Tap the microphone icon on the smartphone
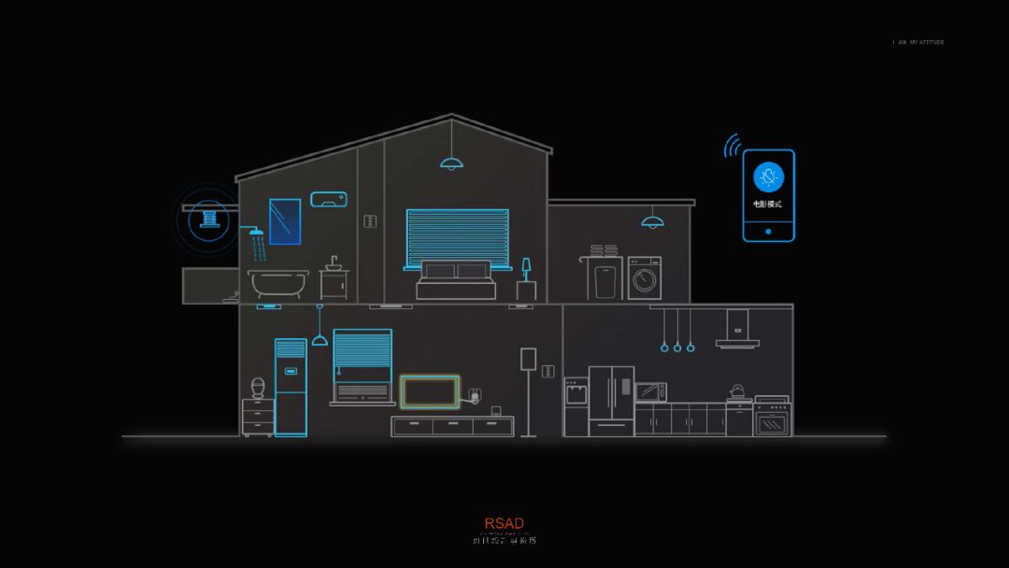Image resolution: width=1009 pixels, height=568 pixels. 768,176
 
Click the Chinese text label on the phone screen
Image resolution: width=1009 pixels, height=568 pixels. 768,203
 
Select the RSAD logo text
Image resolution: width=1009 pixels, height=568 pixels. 504,523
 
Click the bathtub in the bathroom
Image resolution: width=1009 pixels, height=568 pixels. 277,282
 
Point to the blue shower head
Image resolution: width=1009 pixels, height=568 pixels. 255,231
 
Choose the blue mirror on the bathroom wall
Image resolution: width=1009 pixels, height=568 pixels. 284,221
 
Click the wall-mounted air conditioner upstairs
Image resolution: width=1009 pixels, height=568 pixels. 328,198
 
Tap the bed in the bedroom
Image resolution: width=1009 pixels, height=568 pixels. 455,278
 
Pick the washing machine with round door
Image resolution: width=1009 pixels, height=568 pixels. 645,277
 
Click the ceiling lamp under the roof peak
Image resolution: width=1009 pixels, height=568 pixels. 452,163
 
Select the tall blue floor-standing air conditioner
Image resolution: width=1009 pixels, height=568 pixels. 291,387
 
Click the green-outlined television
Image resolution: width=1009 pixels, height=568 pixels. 430,392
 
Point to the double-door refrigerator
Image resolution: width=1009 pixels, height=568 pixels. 611,401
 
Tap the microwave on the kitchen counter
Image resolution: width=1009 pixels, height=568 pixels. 651,391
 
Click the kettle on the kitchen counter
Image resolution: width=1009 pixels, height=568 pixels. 738,390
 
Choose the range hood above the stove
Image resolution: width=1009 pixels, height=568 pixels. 737,331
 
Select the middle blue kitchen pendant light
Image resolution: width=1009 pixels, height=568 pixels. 677,347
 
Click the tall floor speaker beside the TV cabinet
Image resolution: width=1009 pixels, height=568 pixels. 529,392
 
